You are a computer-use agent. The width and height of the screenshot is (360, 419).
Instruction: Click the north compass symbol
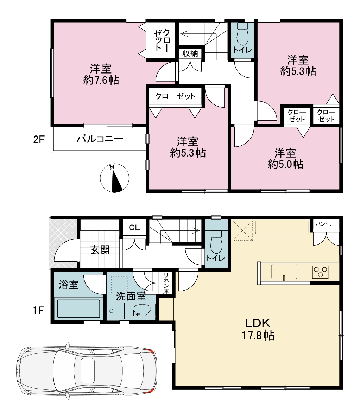[114, 178]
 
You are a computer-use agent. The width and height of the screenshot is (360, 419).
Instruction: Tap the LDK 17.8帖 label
[258, 329]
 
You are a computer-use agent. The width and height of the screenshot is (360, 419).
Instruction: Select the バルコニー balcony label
[100, 139]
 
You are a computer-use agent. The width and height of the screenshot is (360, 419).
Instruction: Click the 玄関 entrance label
[100, 250]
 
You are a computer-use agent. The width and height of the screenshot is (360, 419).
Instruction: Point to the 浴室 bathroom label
[69, 285]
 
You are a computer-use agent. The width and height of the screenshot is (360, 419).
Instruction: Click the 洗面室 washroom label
[131, 296]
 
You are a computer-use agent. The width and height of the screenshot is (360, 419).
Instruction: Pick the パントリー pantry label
[326, 224]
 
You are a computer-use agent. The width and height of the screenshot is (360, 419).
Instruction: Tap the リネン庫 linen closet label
[166, 283]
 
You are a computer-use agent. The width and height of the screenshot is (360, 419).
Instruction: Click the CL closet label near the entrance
[134, 227]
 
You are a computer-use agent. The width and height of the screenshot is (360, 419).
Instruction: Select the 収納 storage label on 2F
[190, 53]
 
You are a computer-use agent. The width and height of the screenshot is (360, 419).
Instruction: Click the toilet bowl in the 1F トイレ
[216, 242]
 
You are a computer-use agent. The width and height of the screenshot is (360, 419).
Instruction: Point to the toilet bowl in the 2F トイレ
[242, 34]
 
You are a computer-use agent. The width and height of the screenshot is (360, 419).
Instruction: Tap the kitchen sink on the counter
[284, 272]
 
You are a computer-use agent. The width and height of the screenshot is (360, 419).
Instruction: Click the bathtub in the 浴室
[78, 309]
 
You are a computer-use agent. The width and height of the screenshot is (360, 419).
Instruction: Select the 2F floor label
[39, 139]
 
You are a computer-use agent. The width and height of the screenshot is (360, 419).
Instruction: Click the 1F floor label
[38, 310]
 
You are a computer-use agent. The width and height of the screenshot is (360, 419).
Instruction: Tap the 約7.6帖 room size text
[101, 80]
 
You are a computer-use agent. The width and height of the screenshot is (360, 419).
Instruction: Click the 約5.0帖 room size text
[285, 164]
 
